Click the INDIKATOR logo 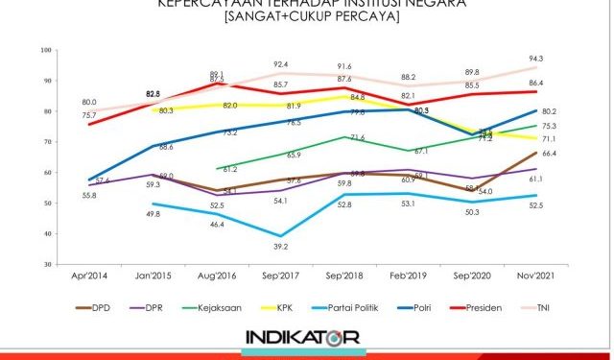(302, 339)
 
